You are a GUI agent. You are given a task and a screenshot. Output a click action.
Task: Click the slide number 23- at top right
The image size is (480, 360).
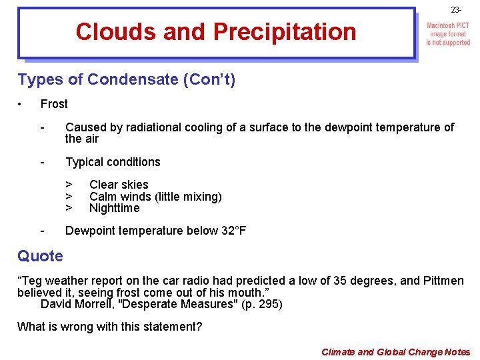pyautogui.click(x=456, y=11)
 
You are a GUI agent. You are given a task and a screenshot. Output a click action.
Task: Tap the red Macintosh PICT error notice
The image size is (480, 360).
pyautogui.click(x=448, y=34)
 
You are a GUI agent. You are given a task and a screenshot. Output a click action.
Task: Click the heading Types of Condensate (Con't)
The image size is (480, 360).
pyautogui.click(x=126, y=80)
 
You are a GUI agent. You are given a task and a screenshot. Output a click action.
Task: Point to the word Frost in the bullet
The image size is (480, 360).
pyautogui.click(x=54, y=104)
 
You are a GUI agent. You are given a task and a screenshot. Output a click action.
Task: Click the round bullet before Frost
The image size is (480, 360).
pyautogui.click(x=21, y=104)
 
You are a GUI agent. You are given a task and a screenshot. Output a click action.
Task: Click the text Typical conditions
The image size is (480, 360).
pyautogui.click(x=113, y=162)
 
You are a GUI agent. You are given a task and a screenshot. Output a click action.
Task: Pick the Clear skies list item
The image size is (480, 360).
pyautogui.click(x=119, y=185)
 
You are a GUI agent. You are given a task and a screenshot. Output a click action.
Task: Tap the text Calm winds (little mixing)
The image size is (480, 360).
pyautogui.click(x=155, y=196)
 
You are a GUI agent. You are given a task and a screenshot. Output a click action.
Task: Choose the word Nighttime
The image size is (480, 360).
pyautogui.click(x=114, y=208)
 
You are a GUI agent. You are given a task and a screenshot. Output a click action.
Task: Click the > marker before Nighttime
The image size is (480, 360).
pyautogui.click(x=68, y=208)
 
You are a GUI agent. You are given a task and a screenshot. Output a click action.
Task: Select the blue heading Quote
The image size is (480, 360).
pyautogui.click(x=40, y=256)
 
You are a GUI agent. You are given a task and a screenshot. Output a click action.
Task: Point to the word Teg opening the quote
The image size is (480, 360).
pyautogui.click(x=33, y=281)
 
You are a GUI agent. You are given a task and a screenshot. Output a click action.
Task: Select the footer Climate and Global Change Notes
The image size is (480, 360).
pyautogui.click(x=395, y=352)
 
